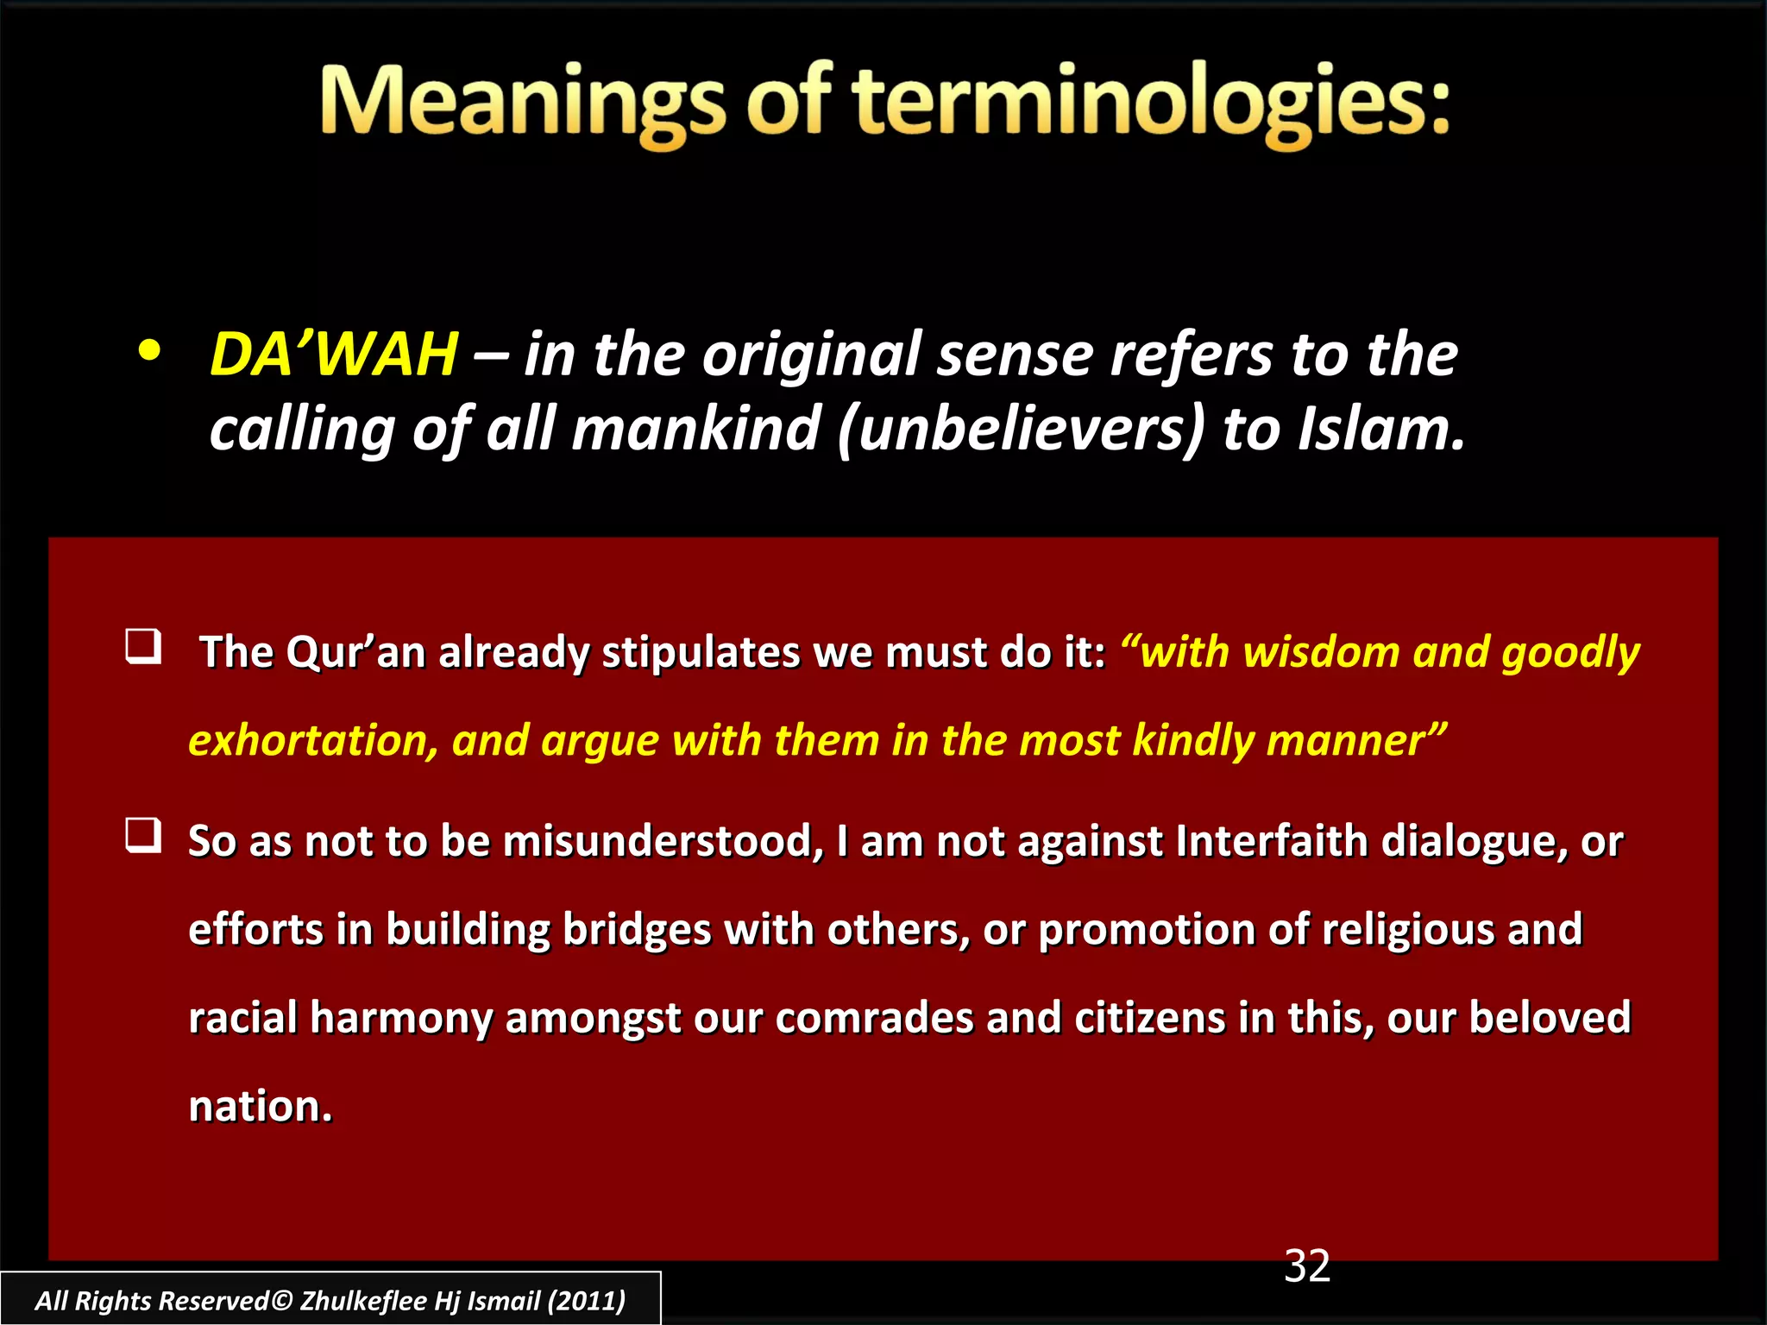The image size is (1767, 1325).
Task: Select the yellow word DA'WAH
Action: (x=334, y=355)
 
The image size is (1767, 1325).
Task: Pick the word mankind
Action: (x=695, y=429)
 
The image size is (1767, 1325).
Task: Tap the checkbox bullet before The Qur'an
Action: (x=143, y=646)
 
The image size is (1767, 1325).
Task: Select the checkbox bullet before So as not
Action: (x=143, y=835)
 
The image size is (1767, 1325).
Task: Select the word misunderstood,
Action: (x=663, y=841)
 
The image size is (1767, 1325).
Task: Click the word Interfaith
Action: (x=1271, y=841)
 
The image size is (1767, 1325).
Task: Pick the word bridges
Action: (x=636, y=930)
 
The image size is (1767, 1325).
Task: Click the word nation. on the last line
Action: (x=261, y=1107)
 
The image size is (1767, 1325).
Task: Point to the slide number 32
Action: (x=1307, y=1266)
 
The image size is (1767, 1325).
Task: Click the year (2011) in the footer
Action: (x=587, y=1301)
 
